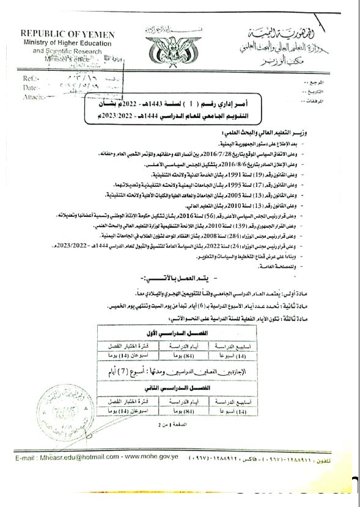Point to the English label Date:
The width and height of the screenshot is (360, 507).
tap(31, 88)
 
